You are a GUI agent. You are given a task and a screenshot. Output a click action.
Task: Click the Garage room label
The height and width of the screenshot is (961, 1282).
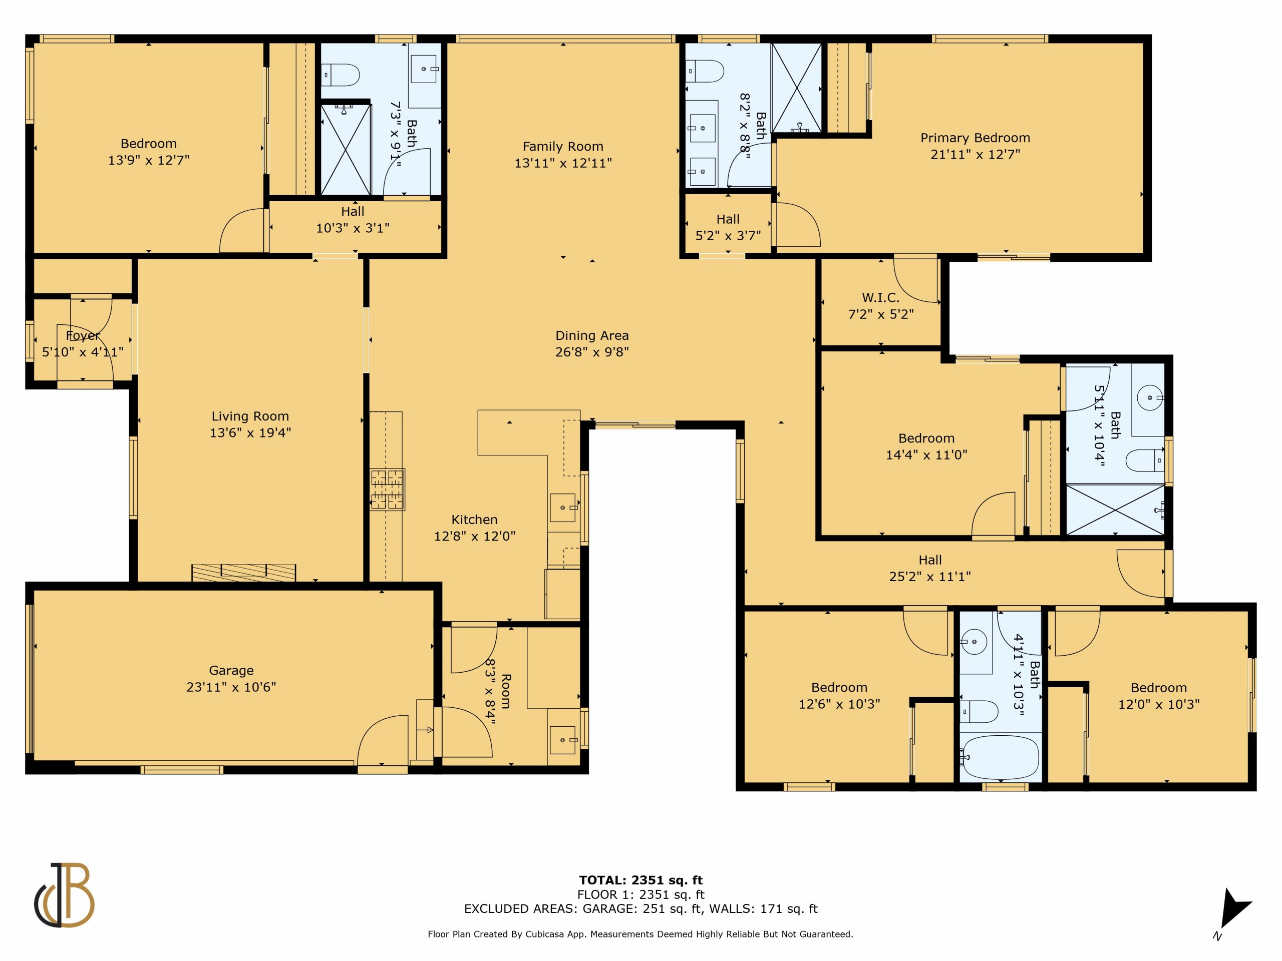[231, 670]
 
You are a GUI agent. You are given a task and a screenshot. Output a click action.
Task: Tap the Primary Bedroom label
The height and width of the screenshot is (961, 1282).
[976, 138]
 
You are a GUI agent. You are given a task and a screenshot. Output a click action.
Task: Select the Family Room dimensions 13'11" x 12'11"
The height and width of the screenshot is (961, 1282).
[563, 163]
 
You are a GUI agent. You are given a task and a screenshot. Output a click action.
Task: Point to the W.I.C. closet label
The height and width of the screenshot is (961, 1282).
[881, 298]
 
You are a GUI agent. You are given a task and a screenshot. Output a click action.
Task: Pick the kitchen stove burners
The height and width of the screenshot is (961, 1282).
[387, 490]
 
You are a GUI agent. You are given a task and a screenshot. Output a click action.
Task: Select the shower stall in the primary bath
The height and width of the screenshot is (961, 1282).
[797, 88]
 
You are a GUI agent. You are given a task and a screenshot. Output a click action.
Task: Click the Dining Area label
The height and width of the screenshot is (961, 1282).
[592, 335]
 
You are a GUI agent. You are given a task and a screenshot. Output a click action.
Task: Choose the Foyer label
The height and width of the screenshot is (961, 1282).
[82, 335]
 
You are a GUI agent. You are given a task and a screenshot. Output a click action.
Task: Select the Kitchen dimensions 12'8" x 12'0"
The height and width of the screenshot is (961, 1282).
[475, 536]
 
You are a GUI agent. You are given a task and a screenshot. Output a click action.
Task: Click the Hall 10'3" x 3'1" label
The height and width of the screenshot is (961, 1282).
[353, 220]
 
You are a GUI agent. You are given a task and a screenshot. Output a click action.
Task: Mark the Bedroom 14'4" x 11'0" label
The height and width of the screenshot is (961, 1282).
[926, 446]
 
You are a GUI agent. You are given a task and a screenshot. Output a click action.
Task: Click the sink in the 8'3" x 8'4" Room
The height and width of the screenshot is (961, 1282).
[563, 740]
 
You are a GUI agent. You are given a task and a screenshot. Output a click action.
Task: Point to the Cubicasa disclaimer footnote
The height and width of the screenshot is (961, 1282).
[640, 934]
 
